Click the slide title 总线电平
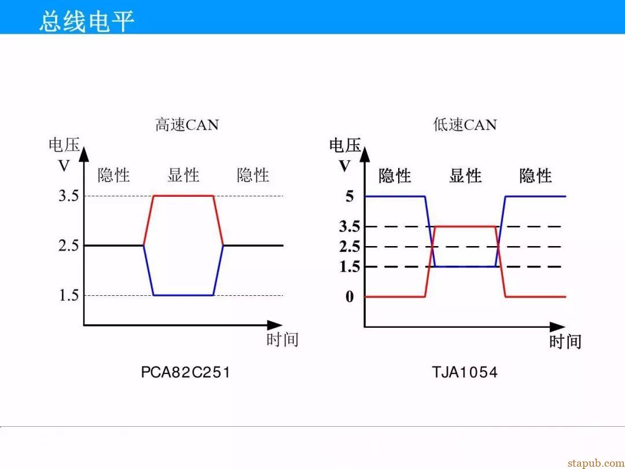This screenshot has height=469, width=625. coord(86,21)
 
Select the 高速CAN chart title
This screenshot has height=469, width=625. coord(187,125)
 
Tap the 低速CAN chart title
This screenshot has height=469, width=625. coord(465,125)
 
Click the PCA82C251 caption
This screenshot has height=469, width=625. coord(186,372)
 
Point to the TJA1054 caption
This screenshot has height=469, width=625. coord(465,372)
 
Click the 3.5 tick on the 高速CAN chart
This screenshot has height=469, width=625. coord(68,196)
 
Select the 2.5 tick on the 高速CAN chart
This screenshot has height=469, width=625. coord(68,246)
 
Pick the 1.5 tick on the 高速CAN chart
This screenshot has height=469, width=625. coord(68,295)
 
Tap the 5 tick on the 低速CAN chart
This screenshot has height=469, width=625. coord(350,196)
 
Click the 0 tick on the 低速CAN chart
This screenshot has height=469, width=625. coord(350,296)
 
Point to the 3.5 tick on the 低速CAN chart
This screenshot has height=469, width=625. coord(350,226)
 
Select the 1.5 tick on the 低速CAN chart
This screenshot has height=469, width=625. coord(350,267)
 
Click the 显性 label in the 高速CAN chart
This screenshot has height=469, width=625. coord(183,175)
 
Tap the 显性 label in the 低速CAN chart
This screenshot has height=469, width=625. coord(465,176)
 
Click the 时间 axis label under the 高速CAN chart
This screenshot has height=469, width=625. coord(282,340)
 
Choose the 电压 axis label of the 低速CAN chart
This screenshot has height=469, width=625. coord(345,145)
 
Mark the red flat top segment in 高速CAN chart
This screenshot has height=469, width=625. coord(183,196)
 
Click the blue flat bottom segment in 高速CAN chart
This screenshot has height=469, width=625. coord(183,295)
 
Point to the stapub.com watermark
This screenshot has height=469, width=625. coord(596,463)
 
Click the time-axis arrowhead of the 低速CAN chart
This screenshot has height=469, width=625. coord(558,327)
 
